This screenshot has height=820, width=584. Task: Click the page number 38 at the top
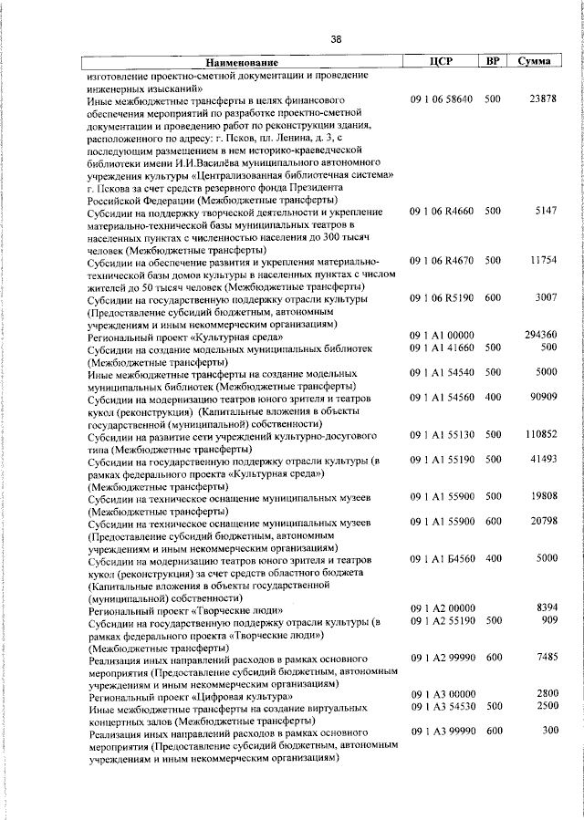pos(336,39)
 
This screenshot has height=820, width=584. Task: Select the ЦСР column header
pos(441,61)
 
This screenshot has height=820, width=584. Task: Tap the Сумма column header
pos(533,61)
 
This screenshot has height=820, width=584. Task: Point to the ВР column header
pos(493,61)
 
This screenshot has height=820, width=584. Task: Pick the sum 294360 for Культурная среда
pos(538,336)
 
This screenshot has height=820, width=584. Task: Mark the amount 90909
pos(540,397)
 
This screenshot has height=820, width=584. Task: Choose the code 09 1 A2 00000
pos(442,608)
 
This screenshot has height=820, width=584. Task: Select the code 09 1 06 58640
pos(442,99)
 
